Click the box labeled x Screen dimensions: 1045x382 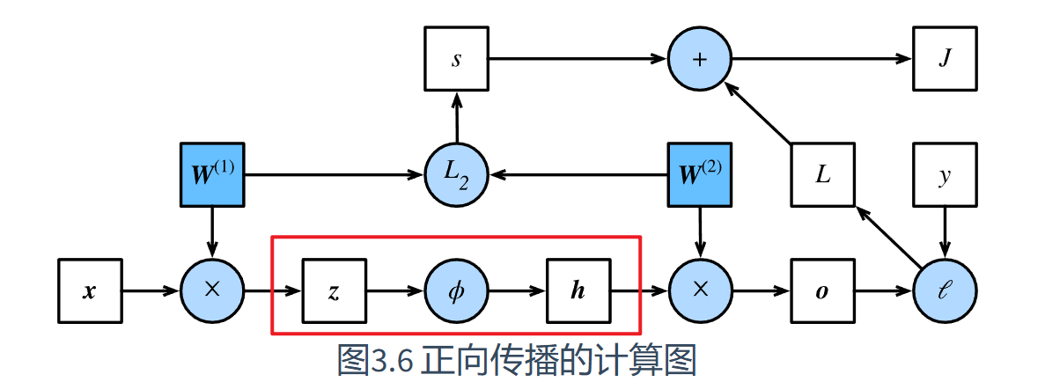pyautogui.click(x=90, y=291)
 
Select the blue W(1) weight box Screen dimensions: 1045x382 pyautogui.click(x=212, y=174)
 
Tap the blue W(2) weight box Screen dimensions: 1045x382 pyautogui.click(x=701, y=174)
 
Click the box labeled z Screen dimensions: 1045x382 pyautogui.click(x=335, y=291)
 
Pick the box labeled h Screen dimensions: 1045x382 pyautogui.click(x=578, y=291)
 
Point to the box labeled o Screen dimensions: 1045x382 pyautogui.click(x=823, y=291)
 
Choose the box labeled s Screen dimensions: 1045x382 pyautogui.click(x=457, y=59)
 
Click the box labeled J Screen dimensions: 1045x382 pyautogui.click(x=945, y=59)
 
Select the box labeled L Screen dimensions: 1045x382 pyautogui.click(x=823, y=174)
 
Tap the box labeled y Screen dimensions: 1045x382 pyautogui.click(x=945, y=174)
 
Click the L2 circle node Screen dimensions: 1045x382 pyautogui.click(x=457, y=174)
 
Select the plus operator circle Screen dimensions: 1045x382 pyautogui.click(x=701, y=59)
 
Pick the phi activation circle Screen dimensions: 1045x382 pyautogui.click(x=457, y=291)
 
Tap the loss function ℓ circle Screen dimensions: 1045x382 pyautogui.click(x=945, y=291)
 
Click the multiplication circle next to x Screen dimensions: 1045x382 pyautogui.click(x=212, y=291)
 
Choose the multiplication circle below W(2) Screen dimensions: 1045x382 pyautogui.click(x=701, y=291)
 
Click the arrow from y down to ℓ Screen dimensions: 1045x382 pyautogui.click(x=945, y=233)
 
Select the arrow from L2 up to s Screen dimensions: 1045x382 pyautogui.click(x=457, y=117)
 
